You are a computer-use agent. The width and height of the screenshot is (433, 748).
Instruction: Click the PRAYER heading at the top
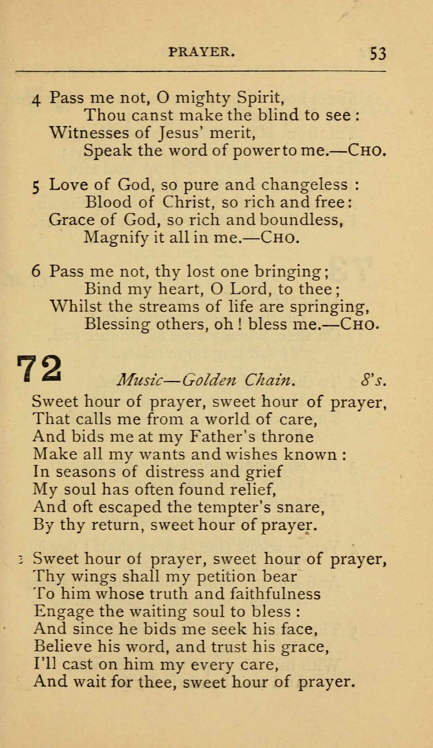[202, 52]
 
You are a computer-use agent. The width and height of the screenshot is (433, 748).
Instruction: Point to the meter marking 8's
[373, 380]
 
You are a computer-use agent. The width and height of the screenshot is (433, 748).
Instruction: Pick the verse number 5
[36, 187]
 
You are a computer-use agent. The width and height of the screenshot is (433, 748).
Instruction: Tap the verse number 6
[36, 271]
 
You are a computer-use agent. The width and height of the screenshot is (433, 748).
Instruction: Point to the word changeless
[304, 185]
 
